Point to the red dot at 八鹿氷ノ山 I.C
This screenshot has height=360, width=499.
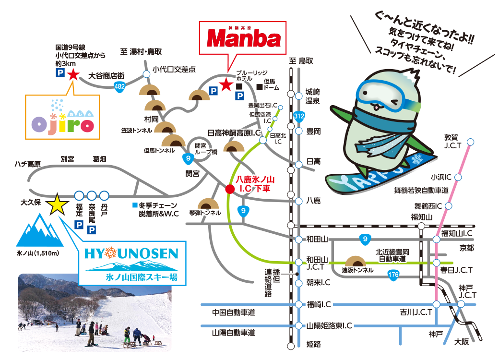pos(230,188)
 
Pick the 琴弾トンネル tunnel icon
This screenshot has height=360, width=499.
pos(208,204)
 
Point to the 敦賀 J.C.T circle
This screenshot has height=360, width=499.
pos(471,142)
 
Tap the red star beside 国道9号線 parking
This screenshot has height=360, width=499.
pos(73,74)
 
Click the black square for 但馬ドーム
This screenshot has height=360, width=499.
pos(260,87)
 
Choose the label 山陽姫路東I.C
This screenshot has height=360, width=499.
pos(329,325)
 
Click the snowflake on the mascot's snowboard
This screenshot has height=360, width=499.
pos(416,159)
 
